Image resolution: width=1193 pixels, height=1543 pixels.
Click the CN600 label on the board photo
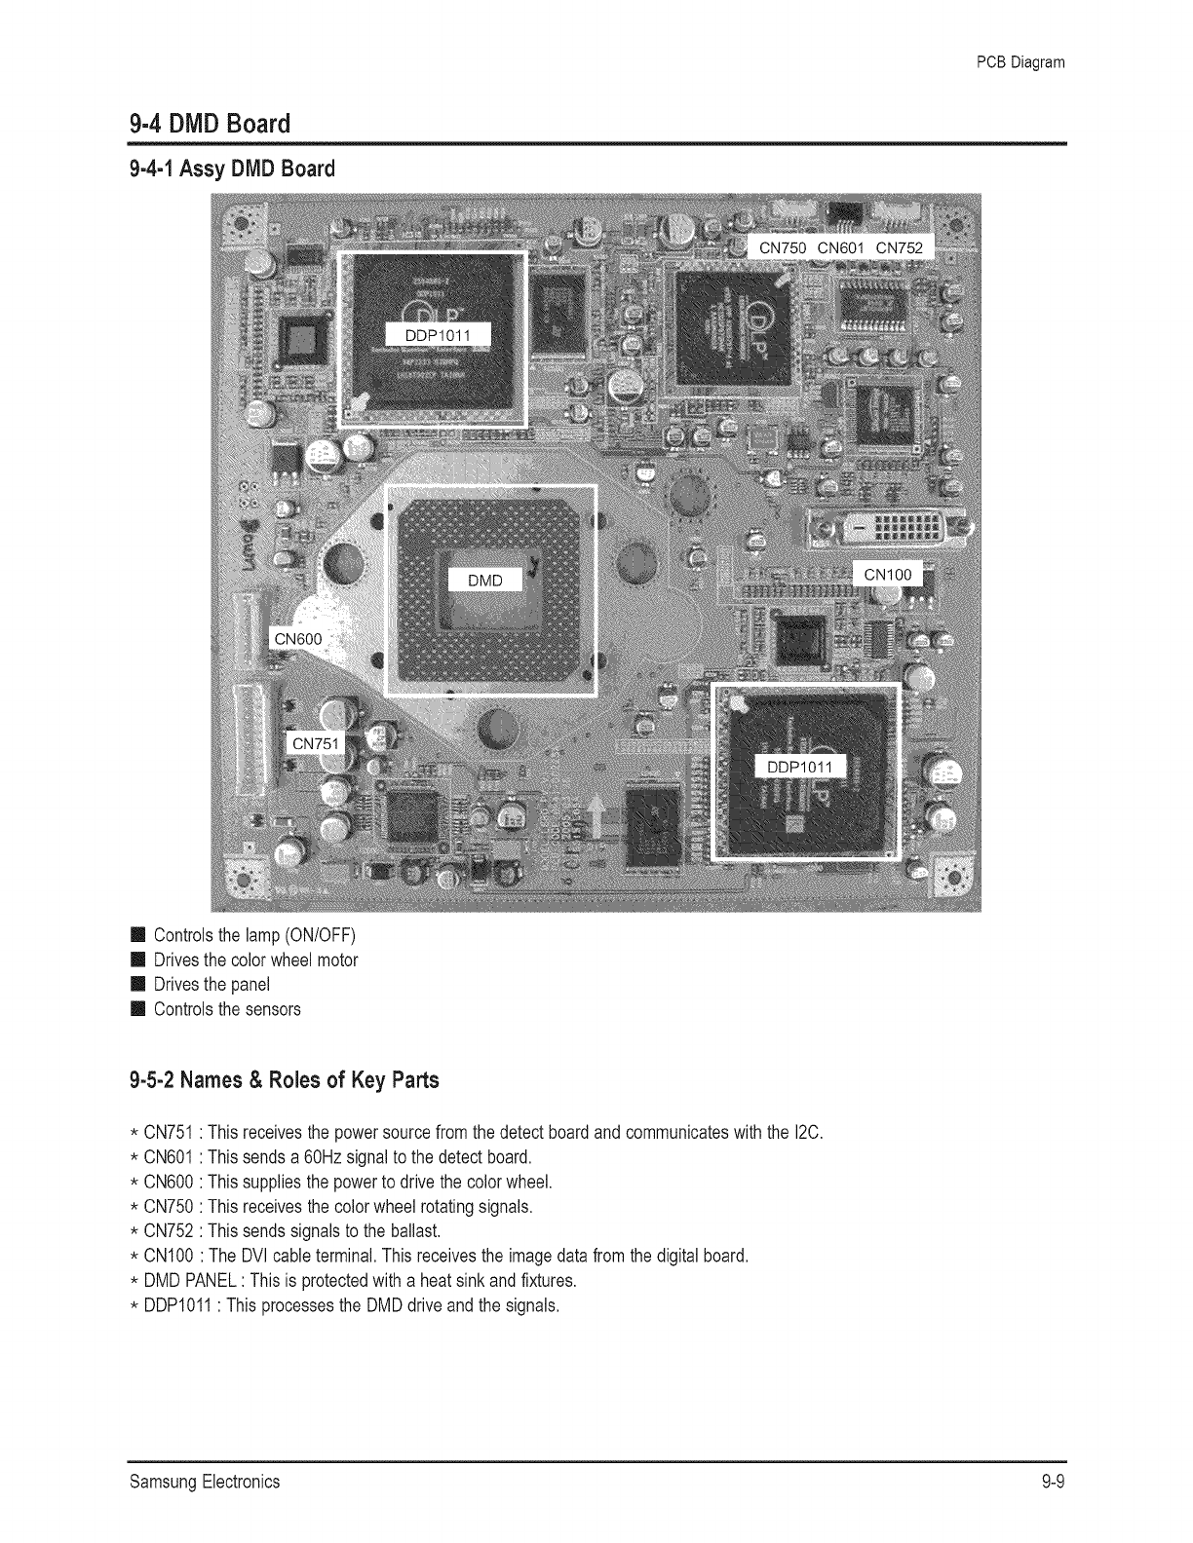298,639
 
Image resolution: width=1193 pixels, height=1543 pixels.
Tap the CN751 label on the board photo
316,744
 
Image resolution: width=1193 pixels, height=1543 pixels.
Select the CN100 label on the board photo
888,574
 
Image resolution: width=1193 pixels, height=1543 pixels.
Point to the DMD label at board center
485,581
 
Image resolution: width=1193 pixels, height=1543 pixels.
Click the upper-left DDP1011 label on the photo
438,336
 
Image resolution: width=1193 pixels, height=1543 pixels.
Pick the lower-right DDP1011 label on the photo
800,766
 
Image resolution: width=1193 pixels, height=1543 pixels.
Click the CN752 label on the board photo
899,247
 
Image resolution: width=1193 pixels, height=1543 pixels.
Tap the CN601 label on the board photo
841,247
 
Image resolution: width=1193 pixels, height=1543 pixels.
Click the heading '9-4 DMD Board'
210,125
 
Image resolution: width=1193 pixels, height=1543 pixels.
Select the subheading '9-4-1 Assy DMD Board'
232,169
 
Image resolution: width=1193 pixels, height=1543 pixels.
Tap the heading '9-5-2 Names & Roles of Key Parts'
284,1080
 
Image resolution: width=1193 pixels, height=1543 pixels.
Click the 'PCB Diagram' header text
1020,63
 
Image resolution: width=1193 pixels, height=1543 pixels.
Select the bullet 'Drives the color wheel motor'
255,960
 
